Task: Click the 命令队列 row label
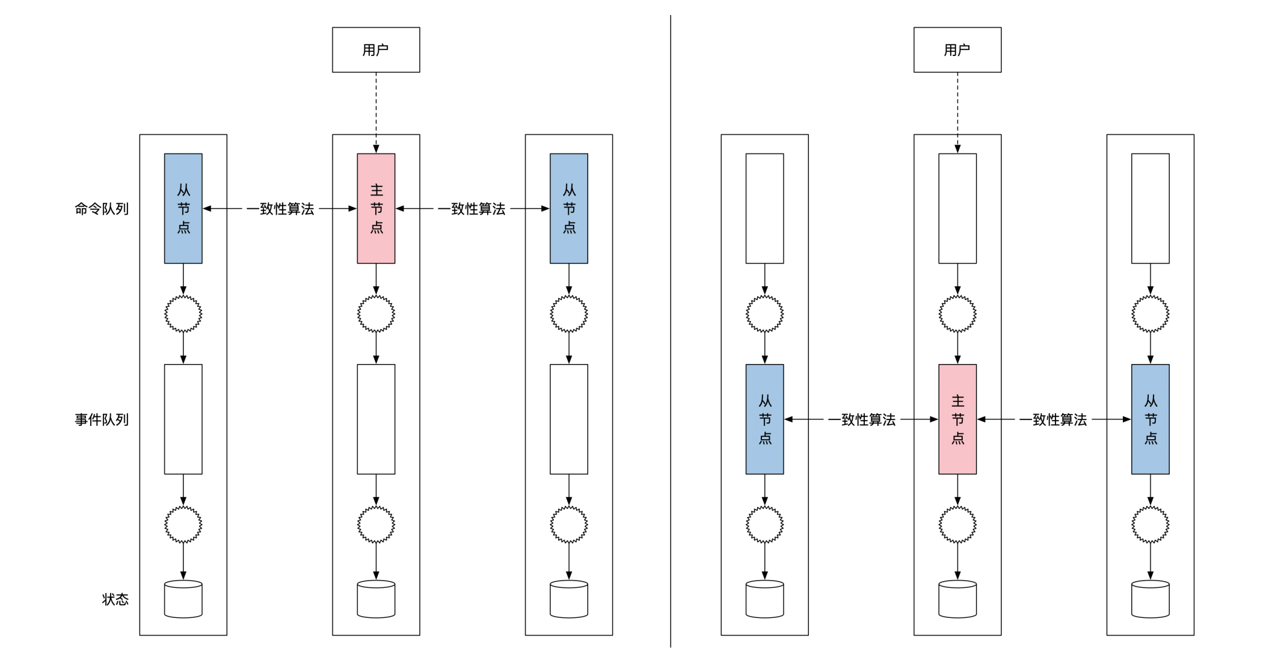pyautogui.click(x=102, y=209)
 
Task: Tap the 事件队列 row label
pyautogui.click(x=102, y=419)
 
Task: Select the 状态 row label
pyautogui.click(x=115, y=599)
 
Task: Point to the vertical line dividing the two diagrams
pyautogui.click(x=671, y=331)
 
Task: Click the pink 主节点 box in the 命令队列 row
pyautogui.click(x=376, y=208)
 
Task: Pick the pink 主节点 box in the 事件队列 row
pyautogui.click(x=957, y=419)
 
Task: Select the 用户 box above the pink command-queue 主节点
pyautogui.click(x=376, y=50)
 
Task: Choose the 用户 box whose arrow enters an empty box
pyautogui.click(x=957, y=50)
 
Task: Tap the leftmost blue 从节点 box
pyautogui.click(x=183, y=208)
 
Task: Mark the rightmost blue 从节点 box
pyautogui.click(x=1150, y=419)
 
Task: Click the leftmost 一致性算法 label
pyautogui.click(x=280, y=209)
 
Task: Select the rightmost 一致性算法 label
pyautogui.click(x=1053, y=419)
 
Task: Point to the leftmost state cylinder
pyautogui.click(x=183, y=599)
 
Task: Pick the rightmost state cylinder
pyautogui.click(x=1150, y=599)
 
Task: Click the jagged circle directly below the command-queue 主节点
pyautogui.click(x=376, y=313)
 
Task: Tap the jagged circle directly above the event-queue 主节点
pyautogui.click(x=957, y=313)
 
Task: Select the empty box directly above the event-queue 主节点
pyautogui.click(x=957, y=208)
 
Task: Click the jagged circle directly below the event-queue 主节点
pyautogui.click(x=957, y=524)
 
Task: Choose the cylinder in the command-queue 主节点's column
pyautogui.click(x=376, y=599)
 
